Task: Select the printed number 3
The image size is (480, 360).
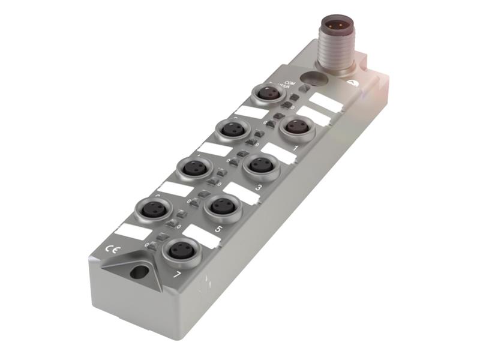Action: (258, 188)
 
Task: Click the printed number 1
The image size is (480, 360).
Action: (295, 146)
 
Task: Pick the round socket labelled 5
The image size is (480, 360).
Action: (223, 206)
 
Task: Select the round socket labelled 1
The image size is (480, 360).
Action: (296, 127)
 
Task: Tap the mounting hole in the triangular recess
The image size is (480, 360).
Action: (137, 272)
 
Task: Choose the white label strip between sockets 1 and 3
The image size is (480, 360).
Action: (278, 153)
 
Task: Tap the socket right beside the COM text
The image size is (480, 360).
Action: (268, 93)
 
